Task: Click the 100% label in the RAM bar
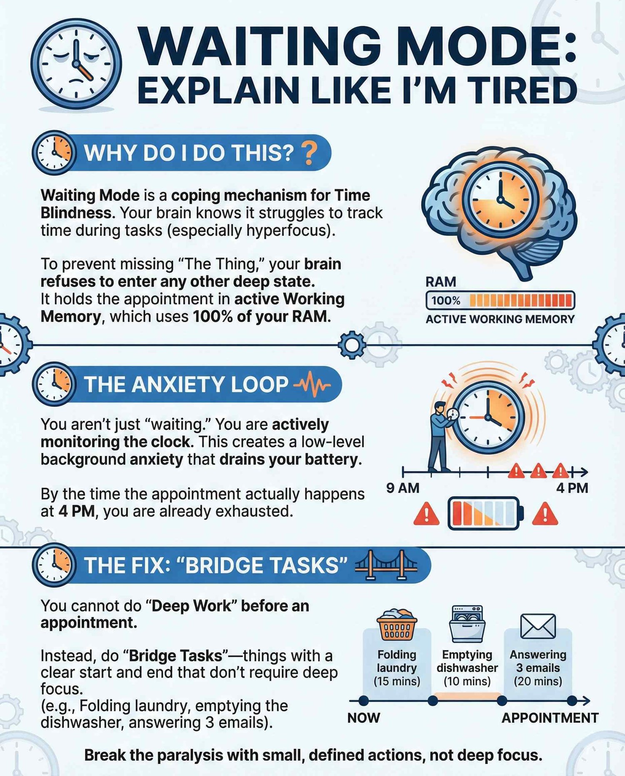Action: tap(445, 300)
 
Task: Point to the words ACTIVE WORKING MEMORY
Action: tap(500, 319)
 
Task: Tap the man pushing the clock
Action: tap(441, 436)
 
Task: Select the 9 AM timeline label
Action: tap(402, 488)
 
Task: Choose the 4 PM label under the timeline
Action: tap(572, 488)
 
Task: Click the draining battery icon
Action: tap(486, 513)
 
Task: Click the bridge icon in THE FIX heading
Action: tap(385, 565)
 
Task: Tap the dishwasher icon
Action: tap(467, 624)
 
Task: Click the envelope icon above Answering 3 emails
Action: tap(538, 626)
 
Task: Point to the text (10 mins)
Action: tap(467, 681)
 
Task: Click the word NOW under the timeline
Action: tap(364, 718)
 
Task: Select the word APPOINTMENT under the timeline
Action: tap(550, 718)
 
